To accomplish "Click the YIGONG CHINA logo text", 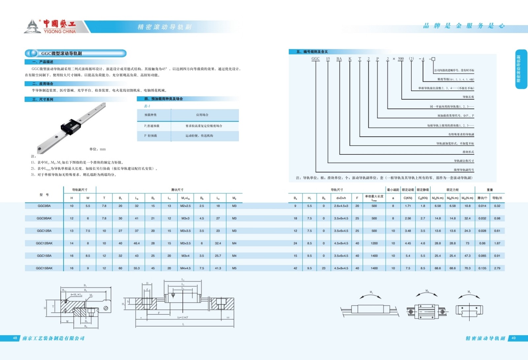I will pyautogui.click(x=59, y=31).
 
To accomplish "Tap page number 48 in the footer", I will pyautogui.click(x=15, y=338).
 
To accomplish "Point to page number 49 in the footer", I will pyautogui.click(x=513, y=338).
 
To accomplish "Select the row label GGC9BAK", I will pyautogui.click(x=44, y=218).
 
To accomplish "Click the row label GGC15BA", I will pyautogui.click(x=44, y=256).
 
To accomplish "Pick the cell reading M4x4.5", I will pyautogui.click(x=185, y=268).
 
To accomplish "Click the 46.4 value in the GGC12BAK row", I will pyautogui.click(x=137, y=243).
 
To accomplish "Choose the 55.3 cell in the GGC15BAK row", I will pyautogui.click(x=137, y=268).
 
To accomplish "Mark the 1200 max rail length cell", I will pyautogui.click(x=374, y=243).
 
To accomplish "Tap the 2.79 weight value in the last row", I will pyautogui.click(x=497, y=268).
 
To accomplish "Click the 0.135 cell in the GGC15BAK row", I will pyautogui.click(x=482, y=268).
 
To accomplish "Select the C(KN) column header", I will pyautogui.click(x=408, y=198).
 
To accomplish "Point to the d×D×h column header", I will pyautogui.click(x=341, y=198).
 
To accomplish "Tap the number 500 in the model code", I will pyautogui.click(x=401, y=59).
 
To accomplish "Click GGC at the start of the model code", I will pyautogui.click(x=315, y=59).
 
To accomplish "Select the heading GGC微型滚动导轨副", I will pyautogui.click(x=61, y=53).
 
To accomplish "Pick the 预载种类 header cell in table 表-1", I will pyautogui.click(x=150, y=115).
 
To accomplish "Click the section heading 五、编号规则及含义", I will pyautogui.click(x=312, y=52).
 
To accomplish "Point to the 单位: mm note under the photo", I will pyautogui.click(x=97, y=149).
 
